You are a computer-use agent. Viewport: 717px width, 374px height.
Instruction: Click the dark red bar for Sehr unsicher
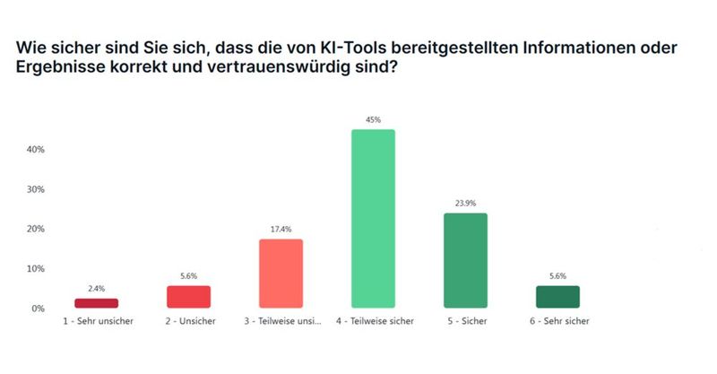click(x=97, y=303)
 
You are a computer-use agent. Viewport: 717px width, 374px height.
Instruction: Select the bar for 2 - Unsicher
click(x=188, y=297)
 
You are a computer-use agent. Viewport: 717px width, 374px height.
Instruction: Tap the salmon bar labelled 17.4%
click(x=281, y=274)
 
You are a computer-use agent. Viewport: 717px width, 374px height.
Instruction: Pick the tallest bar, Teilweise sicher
click(x=373, y=219)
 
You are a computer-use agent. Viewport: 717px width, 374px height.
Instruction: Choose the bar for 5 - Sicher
click(x=464, y=260)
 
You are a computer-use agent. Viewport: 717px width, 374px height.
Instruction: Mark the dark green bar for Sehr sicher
click(x=557, y=297)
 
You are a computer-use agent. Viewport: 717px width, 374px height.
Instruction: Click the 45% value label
click(x=373, y=119)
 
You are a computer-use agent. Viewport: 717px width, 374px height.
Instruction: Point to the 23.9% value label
click(x=464, y=203)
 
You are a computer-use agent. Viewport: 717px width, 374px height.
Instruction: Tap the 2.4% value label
click(x=97, y=289)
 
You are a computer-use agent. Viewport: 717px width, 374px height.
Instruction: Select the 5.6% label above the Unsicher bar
click(x=188, y=276)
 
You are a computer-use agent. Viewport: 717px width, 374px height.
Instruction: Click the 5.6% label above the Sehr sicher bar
click(x=557, y=276)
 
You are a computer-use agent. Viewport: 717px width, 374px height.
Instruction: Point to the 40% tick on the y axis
click(x=36, y=150)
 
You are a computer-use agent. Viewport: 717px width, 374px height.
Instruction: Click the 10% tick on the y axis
click(x=36, y=269)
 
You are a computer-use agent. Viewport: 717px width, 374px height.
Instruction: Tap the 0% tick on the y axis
click(x=39, y=309)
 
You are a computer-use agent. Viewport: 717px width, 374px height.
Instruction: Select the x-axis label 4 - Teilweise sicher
click(x=373, y=321)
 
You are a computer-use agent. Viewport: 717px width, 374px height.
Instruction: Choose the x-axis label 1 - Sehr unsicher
click(x=97, y=321)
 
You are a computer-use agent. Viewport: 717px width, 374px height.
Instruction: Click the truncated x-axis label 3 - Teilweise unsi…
click(x=281, y=321)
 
